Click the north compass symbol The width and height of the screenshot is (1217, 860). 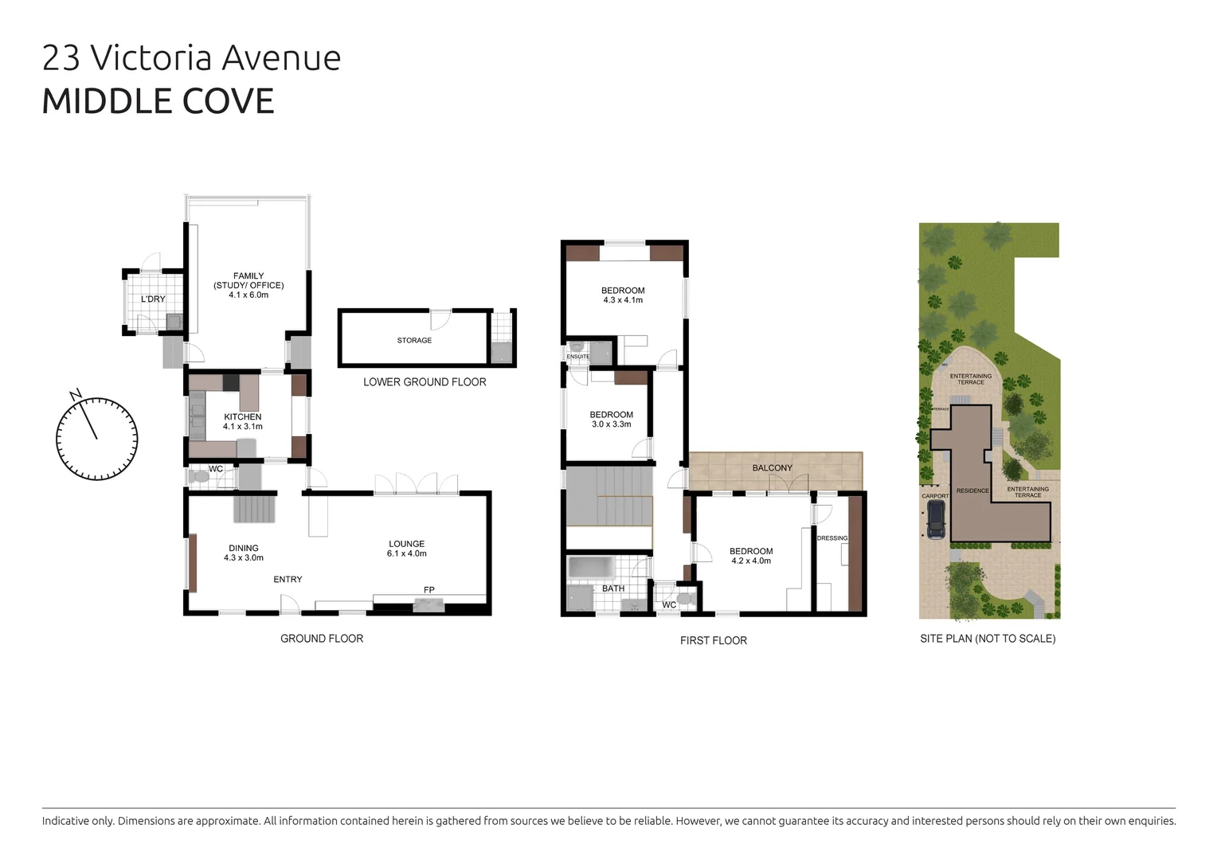pyautogui.click(x=96, y=438)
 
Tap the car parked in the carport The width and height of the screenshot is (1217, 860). pyautogui.click(x=936, y=520)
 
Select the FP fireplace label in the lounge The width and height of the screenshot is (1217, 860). pyautogui.click(x=429, y=590)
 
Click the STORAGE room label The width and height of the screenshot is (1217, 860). pyautogui.click(x=414, y=341)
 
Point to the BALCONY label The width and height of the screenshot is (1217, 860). pyautogui.click(x=772, y=468)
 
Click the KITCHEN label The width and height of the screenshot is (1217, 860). pyautogui.click(x=243, y=416)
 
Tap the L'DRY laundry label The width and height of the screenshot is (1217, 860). pyautogui.click(x=153, y=299)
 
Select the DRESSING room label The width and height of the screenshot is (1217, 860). pyautogui.click(x=832, y=538)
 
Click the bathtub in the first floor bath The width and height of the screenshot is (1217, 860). pyautogui.click(x=589, y=567)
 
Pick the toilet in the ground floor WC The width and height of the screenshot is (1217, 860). pyautogui.click(x=200, y=477)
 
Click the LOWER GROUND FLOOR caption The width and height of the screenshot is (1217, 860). pyautogui.click(x=425, y=382)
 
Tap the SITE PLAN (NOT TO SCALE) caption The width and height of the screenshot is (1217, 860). pyautogui.click(x=988, y=639)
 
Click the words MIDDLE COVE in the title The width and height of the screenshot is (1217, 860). pyautogui.click(x=158, y=101)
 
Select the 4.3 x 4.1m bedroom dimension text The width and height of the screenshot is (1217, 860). pyautogui.click(x=623, y=300)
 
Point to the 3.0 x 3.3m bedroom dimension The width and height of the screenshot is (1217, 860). pyautogui.click(x=612, y=424)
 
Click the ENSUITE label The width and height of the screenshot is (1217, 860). pyautogui.click(x=578, y=357)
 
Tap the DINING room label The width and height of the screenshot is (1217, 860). pyautogui.click(x=244, y=548)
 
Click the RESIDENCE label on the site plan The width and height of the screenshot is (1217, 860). pyautogui.click(x=972, y=491)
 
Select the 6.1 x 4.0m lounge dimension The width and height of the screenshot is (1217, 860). pyautogui.click(x=407, y=553)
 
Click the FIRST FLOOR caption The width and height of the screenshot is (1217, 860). pyautogui.click(x=714, y=640)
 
